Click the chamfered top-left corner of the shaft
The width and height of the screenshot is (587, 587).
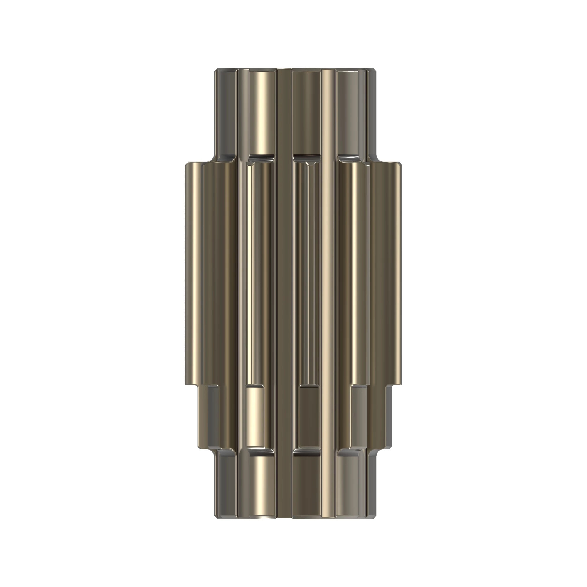(216, 71)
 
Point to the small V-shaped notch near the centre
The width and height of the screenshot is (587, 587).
(310, 164)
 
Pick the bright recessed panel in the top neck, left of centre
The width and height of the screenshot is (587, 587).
(262, 112)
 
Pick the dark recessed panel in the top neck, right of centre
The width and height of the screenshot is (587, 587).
(306, 112)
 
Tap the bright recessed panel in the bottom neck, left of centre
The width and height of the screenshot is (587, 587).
(262, 492)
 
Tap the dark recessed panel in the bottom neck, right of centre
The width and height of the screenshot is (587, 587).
(306, 492)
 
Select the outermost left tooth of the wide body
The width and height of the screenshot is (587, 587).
(193, 274)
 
